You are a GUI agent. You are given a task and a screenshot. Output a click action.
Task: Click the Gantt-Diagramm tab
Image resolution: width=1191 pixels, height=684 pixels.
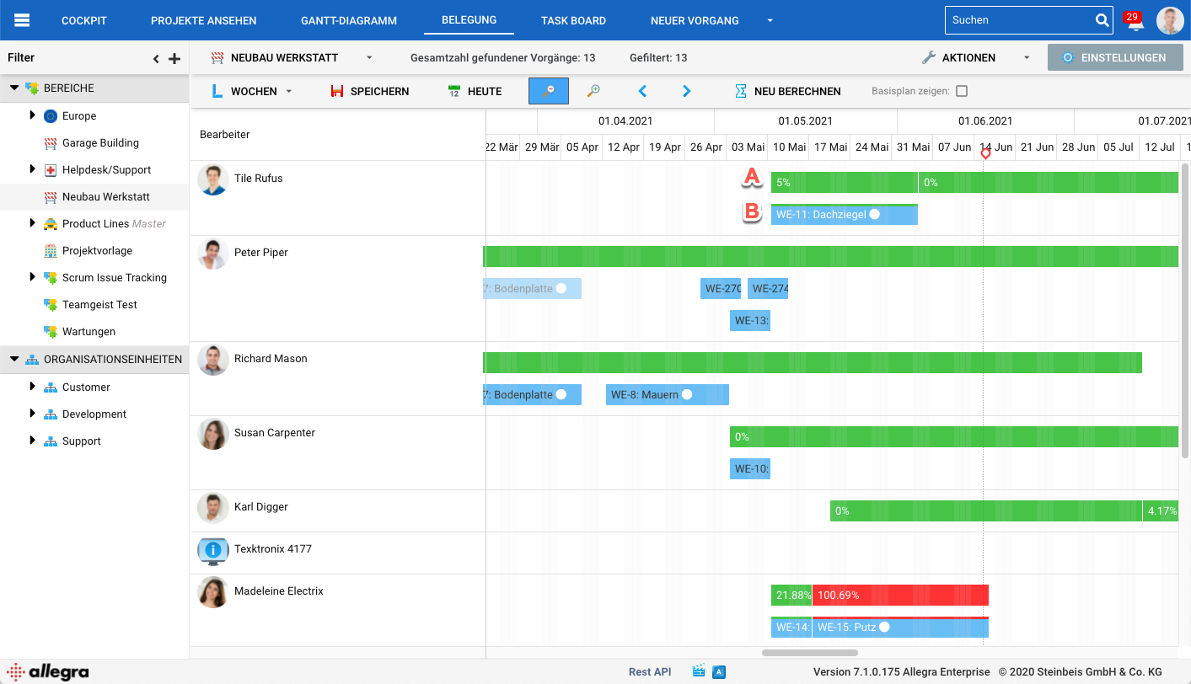coord(348,20)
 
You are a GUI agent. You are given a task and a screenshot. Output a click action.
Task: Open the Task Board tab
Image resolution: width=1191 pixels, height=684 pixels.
coord(573,20)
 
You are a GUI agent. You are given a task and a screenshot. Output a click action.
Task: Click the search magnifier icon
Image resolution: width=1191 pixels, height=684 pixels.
coord(1102,20)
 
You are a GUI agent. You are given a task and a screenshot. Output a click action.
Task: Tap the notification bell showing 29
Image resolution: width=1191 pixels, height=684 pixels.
coord(1135,22)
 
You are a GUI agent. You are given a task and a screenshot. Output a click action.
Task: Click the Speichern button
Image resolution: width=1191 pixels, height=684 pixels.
coord(369,91)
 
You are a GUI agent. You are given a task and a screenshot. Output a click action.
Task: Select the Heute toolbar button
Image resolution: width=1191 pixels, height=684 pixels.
coord(475,91)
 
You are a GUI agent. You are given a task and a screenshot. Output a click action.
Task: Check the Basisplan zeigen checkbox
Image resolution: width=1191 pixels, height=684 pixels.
coord(962,91)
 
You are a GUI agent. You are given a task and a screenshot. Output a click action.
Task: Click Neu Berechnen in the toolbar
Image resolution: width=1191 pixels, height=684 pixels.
coord(787,91)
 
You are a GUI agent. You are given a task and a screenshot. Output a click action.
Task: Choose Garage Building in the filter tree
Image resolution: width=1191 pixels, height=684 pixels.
coord(100,143)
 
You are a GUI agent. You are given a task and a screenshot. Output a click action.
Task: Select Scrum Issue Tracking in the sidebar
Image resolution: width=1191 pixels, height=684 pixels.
coord(114,278)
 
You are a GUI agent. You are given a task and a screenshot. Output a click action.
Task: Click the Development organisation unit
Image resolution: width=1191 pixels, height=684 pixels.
coord(94,414)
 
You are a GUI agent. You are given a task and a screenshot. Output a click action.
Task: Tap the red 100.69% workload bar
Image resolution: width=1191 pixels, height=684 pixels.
coord(900,596)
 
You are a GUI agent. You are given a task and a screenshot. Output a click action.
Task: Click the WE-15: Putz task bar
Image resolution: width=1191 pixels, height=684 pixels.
coord(900,628)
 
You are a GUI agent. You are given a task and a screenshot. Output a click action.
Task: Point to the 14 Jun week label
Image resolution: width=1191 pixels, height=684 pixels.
coord(995,147)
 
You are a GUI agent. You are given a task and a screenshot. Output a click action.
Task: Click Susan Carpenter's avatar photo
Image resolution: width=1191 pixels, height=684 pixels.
coord(213,434)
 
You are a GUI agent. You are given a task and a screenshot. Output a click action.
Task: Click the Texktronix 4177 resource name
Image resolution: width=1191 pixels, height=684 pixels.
coord(273,549)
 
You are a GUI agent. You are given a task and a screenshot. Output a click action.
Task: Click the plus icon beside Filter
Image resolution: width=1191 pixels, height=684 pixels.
coord(174,59)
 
